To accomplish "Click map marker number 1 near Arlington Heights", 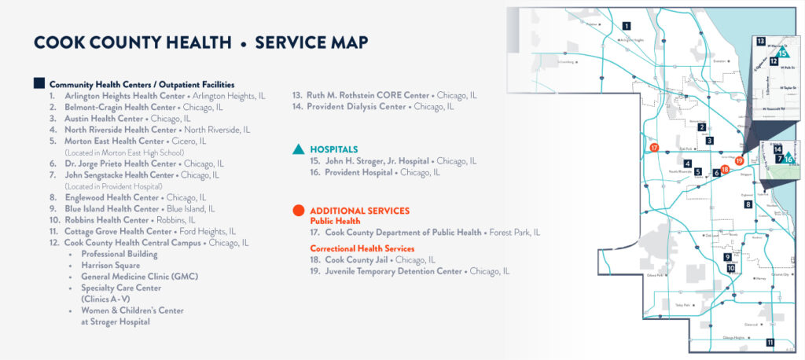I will pos(627,26).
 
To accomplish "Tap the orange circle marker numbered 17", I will pos(654,148).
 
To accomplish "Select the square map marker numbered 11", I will pos(770,342).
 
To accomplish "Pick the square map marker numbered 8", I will pos(748,204).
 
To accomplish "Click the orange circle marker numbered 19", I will pos(739,160).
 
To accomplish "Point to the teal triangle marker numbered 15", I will pos(784,53).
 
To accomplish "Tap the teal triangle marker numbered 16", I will pos(788,158).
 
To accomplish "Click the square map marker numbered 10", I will pos(731,268).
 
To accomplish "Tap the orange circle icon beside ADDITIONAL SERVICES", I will pos(298,211).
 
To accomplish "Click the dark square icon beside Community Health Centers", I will pos(39,83).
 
